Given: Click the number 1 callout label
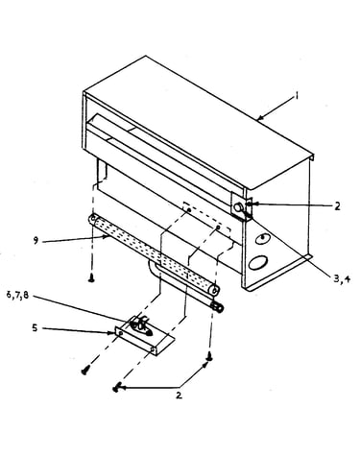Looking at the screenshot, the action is [297, 95].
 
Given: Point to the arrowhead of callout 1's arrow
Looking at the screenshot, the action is [259, 118].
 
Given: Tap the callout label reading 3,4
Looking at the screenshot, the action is [342, 278].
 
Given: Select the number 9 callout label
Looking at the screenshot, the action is [36, 240].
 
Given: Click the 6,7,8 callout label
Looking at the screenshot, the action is [17, 295].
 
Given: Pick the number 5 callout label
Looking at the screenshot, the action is [35, 327].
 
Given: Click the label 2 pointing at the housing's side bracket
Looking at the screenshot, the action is [337, 206].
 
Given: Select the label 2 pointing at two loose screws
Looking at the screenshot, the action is [179, 396].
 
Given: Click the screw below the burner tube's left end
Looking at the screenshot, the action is [91, 279].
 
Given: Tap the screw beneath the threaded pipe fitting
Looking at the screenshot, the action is [209, 356].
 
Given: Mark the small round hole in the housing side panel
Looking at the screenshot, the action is [263, 238].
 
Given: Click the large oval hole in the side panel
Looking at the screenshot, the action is [258, 262].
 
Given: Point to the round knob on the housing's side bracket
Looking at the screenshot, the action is [239, 207].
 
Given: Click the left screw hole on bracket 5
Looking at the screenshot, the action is [121, 333].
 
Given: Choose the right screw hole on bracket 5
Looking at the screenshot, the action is [153, 350].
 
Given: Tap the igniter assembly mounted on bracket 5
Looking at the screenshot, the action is [141, 325].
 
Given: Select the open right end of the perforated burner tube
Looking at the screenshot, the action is [214, 290].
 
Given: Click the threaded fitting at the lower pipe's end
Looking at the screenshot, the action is [218, 307].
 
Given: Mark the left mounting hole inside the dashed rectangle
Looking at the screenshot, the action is [189, 210].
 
